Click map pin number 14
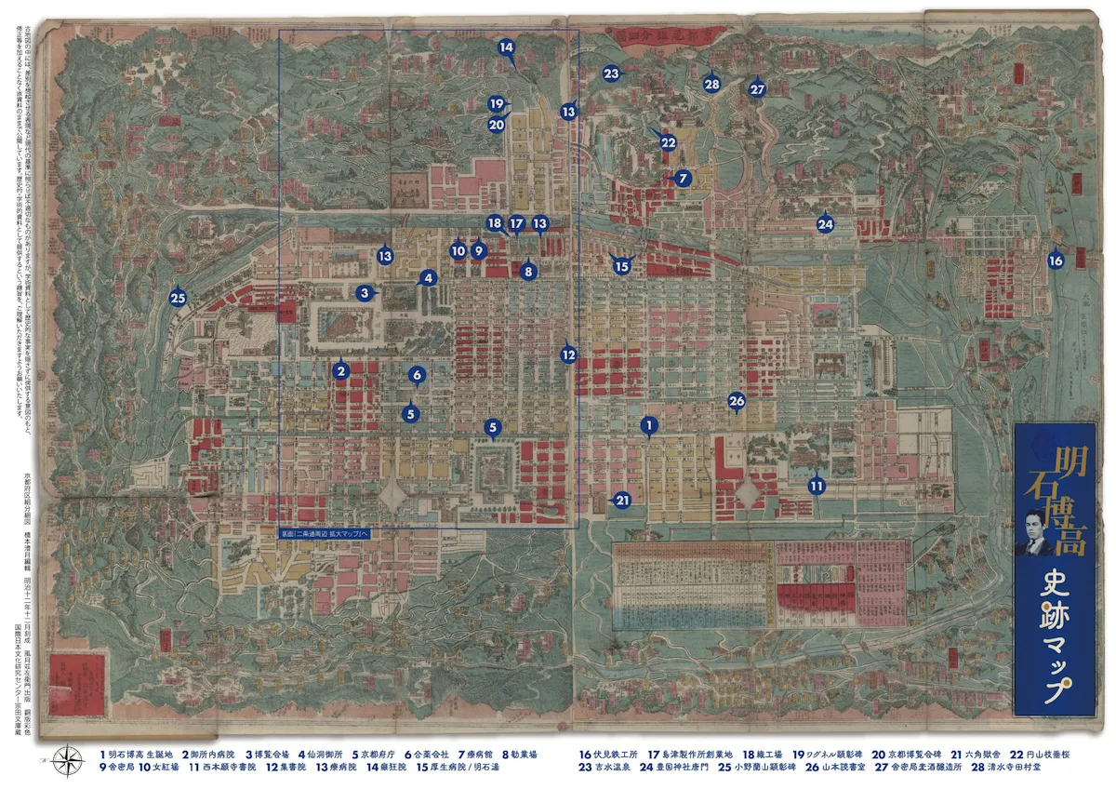pos(506,47)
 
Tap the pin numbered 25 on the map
pos(179,298)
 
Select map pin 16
pos(1056,261)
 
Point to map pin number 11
pos(817,485)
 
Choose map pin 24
pos(825,224)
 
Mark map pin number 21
pos(622,500)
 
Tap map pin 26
pos(737,401)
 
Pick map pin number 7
pos(682,177)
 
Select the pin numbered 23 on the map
pos(611,73)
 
